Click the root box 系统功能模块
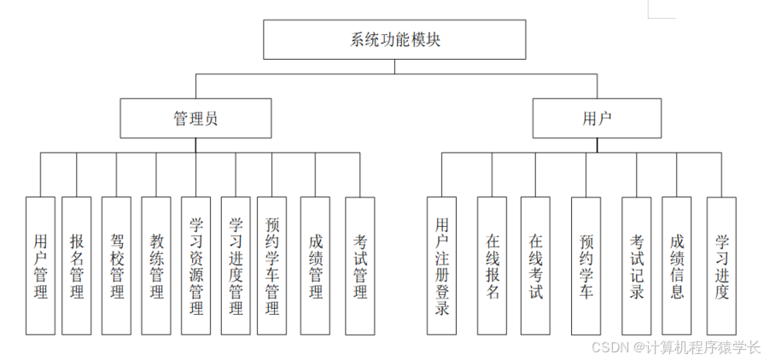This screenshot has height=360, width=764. [395, 40]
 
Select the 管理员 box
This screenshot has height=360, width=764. [195, 119]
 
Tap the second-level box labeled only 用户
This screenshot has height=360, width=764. [597, 119]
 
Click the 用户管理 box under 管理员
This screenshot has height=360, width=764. [40, 265]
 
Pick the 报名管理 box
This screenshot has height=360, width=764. [77, 265]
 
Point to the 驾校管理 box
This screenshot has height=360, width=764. [116, 265]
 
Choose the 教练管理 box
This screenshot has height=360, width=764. [156, 265]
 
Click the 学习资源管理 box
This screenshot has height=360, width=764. [195, 265]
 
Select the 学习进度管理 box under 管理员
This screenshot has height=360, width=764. [236, 265]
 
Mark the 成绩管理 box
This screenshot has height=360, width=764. [315, 265]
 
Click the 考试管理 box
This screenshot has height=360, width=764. [359, 265]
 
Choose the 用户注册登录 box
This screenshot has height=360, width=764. [441, 265]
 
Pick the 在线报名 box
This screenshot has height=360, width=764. [492, 265]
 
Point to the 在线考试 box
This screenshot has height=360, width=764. [535, 265]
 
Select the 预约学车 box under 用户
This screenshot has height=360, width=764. [586, 265]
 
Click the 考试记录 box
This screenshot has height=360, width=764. [637, 265]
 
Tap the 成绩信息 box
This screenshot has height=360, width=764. [677, 265]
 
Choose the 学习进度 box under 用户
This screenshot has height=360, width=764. [721, 265]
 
